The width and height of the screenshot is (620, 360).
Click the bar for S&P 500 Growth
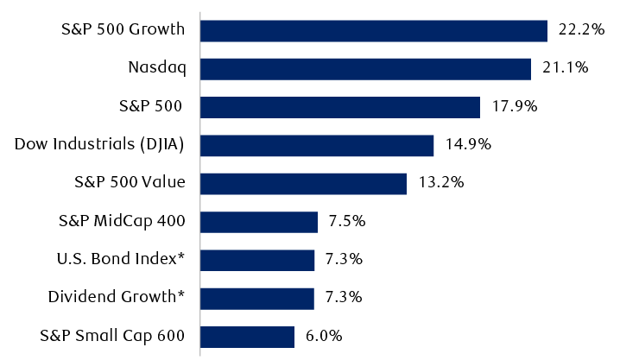373,30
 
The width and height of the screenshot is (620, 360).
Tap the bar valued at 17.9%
339,107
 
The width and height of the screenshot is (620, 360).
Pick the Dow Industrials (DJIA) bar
316,145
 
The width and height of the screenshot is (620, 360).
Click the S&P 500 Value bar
303,183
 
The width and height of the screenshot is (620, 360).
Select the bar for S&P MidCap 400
259,222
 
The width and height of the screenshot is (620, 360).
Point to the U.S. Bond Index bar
257,260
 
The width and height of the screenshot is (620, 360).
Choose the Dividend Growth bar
257,298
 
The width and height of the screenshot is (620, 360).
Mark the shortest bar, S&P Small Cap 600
247,336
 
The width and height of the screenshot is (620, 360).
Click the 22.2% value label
579,30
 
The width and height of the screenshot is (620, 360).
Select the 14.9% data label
467,145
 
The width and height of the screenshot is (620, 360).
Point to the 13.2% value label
440,183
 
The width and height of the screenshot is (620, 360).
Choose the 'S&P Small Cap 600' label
112,336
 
